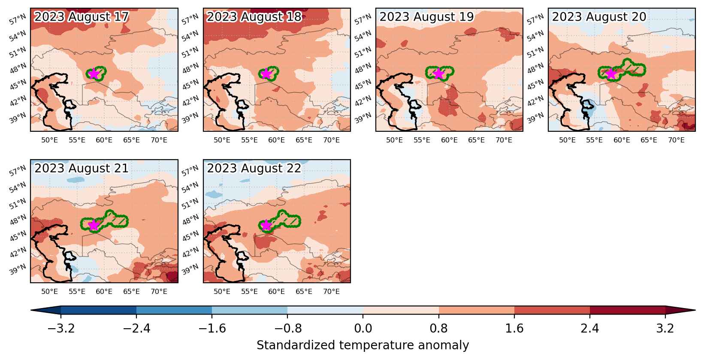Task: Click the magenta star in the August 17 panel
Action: pyautogui.click(x=94, y=73)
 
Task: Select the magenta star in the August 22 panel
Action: pyautogui.click(x=266, y=225)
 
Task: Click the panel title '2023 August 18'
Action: pyautogui.click(x=254, y=17)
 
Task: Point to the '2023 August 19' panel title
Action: pyautogui.click(x=426, y=17)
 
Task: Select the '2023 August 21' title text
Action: pyautogui.click(x=82, y=168)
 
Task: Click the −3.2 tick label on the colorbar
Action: pyautogui.click(x=61, y=328)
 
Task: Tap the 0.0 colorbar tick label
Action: pyautogui.click(x=363, y=328)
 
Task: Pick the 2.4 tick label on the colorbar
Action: pyautogui.click(x=589, y=328)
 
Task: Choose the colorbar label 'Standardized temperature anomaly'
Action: pyautogui.click(x=363, y=345)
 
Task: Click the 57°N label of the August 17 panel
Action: pyautogui.click(x=18, y=19)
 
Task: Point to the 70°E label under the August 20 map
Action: pyautogui.click(x=676, y=140)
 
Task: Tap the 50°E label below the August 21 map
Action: pyautogui.click(x=49, y=291)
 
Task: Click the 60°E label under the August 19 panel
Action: pyautogui.click(x=449, y=140)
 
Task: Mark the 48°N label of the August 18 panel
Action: pyautogui.click(x=190, y=68)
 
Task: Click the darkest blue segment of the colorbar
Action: pyautogui.click(x=98, y=310)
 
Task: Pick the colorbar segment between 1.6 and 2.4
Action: pyautogui.click(x=552, y=310)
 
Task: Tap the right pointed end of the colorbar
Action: pyautogui.click(x=695, y=310)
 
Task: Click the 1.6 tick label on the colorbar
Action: pyautogui.click(x=514, y=328)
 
